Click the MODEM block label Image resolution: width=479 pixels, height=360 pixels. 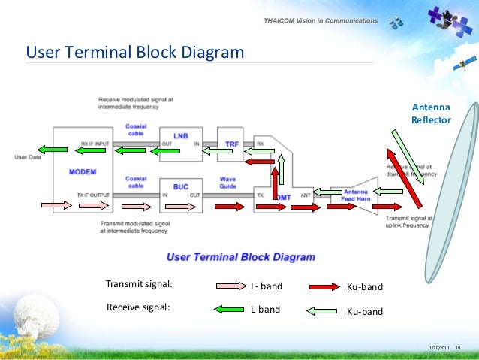tap(82, 172)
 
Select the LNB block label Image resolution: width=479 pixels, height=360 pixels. tap(181, 136)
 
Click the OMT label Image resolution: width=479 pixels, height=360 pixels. tap(283, 197)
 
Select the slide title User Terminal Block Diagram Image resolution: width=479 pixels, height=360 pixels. tap(135, 53)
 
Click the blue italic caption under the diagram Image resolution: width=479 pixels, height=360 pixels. tap(240, 256)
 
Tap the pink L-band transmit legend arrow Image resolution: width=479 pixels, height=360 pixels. tap(232, 286)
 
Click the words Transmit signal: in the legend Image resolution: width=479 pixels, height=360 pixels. tap(139, 284)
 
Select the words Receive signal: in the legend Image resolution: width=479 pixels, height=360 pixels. tap(138, 307)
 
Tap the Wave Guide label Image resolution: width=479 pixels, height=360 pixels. tap(227, 183)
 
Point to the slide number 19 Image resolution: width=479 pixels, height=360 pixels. tap(458, 347)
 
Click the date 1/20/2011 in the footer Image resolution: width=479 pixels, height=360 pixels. tap(439, 347)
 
